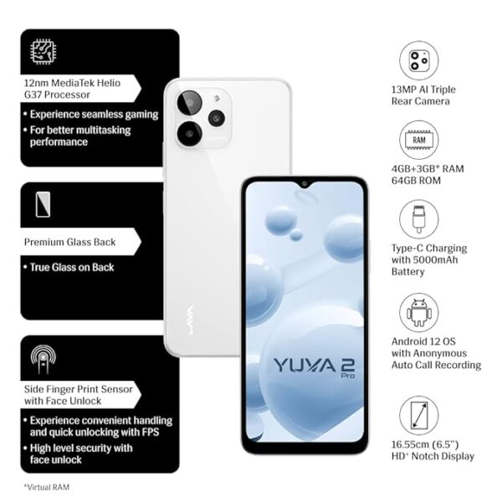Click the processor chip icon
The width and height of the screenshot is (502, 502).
[x=44, y=51]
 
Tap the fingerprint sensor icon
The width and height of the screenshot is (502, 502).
[x=44, y=359]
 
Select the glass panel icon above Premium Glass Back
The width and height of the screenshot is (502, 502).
[x=43, y=204]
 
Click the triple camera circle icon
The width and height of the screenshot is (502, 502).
[x=419, y=60]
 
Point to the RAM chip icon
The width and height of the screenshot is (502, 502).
[x=419, y=140]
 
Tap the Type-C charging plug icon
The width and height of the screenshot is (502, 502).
[x=419, y=219]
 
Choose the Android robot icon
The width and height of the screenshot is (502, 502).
[x=419, y=312]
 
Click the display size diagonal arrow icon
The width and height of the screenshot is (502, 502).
[x=419, y=416]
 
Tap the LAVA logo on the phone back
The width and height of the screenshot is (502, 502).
[x=189, y=320]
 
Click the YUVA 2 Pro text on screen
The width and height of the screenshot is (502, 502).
[x=314, y=367]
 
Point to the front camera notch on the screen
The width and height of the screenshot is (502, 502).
[x=305, y=184]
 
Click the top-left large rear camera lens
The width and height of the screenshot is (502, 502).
[x=190, y=103]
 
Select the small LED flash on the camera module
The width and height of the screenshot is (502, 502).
[x=217, y=97]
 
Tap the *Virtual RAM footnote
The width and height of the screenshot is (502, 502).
[x=47, y=487]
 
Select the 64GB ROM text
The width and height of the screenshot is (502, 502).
[x=416, y=180]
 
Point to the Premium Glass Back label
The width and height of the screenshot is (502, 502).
[x=69, y=242]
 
